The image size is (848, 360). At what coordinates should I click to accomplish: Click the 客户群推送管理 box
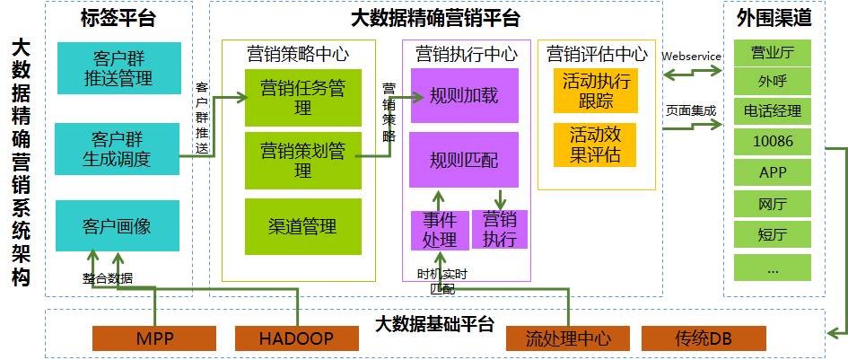click(x=117, y=67)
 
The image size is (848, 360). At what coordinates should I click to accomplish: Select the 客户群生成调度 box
click(x=117, y=149)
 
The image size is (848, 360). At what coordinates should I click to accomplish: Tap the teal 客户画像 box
click(x=117, y=225)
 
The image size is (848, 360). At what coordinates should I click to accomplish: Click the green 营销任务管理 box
click(x=302, y=97)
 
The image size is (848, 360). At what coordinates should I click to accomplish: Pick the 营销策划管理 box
click(x=302, y=159)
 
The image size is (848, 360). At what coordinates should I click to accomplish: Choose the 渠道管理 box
click(x=302, y=226)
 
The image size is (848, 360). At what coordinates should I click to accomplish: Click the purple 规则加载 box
click(x=464, y=96)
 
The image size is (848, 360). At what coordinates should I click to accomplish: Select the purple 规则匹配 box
click(x=464, y=160)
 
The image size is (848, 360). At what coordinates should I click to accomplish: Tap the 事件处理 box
click(x=440, y=230)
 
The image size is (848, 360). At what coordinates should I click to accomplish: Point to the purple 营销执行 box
click(x=500, y=230)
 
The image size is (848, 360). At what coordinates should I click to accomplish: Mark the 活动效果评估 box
click(x=596, y=145)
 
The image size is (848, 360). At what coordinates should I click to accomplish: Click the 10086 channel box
click(x=773, y=141)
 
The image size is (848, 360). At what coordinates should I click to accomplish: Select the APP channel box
click(x=773, y=172)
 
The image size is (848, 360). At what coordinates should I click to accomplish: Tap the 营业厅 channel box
click(x=773, y=52)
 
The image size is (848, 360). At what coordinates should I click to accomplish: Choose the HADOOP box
click(x=296, y=338)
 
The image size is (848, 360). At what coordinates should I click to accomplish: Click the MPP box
click(x=154, y=338)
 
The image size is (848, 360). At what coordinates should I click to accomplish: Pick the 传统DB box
click(x=704, y=338)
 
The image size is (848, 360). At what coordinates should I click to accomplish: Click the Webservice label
click(x=691, y=56)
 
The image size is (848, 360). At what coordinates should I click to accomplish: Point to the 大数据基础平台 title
click(x=434, y=323)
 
